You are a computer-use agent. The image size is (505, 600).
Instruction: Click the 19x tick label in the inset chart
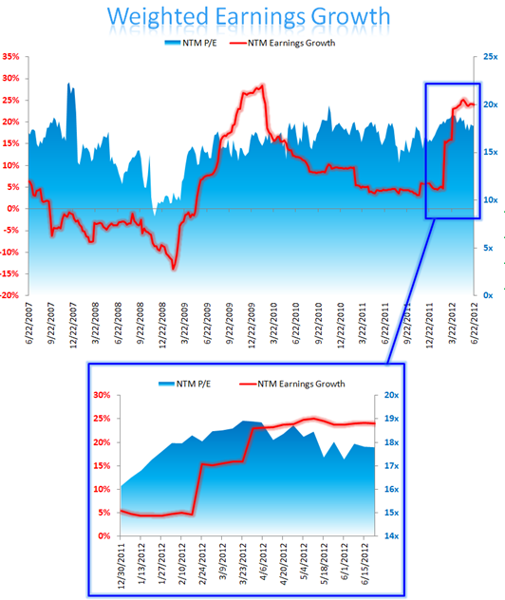(x=390, y=419)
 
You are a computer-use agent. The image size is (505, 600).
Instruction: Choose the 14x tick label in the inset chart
(x=390, y=536)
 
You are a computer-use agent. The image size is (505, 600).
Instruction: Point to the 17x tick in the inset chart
(x=390, y=466)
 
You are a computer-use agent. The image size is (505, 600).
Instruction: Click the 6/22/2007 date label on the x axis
(x=32, y=328)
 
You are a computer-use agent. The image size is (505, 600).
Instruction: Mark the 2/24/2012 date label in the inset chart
(x=202, y=567)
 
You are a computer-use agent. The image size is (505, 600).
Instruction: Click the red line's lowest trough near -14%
(x=174, y=268)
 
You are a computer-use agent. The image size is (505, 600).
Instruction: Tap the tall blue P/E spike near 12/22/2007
(x=69, y=84)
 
